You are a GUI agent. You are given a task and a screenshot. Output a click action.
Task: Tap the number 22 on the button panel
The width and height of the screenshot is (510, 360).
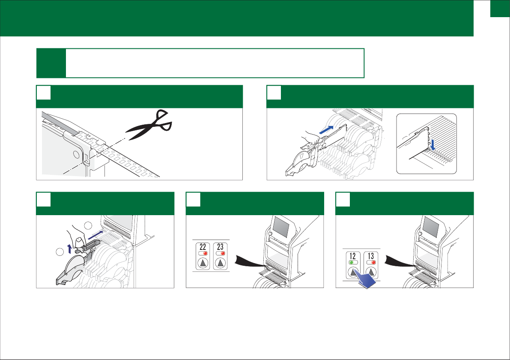click(x=203, y=247)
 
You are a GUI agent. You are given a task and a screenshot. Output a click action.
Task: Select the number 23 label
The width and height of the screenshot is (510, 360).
click(x=220, y=247)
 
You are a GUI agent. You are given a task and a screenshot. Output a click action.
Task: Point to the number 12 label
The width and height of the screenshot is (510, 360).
click(x=353, y=256)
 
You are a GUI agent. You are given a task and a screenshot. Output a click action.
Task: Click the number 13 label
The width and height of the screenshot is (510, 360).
click(x=371, y=256)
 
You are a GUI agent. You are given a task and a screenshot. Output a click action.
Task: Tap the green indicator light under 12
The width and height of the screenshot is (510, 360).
click(x=351, y=262)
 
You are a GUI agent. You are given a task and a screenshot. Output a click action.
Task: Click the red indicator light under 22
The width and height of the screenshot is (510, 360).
click(x=205, y=253)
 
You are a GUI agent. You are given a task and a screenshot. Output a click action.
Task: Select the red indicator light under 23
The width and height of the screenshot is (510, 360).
click(x=223, y=253)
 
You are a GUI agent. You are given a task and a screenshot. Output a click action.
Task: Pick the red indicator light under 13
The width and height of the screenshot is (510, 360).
click(x=373, y=262)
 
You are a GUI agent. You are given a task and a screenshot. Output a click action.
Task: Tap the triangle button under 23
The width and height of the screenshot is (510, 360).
click(x=220, y=263)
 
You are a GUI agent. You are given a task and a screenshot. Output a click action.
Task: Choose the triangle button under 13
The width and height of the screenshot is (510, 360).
click(x=371, y=272)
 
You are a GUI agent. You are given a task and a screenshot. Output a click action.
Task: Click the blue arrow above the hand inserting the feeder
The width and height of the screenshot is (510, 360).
click(x=326, y=129)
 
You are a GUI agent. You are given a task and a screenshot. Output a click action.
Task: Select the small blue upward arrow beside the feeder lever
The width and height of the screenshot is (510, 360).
click(x=69, y=248)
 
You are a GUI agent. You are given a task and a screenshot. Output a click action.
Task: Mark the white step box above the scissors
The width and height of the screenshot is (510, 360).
click(x=43, y=93)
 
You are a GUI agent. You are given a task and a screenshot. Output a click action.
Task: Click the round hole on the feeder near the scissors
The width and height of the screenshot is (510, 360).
click(x=76, y=154)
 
